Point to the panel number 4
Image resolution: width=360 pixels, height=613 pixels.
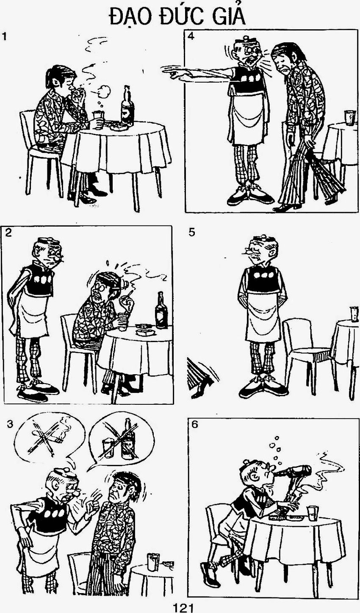[191, 36]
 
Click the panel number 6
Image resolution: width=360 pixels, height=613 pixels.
[194, 425]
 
